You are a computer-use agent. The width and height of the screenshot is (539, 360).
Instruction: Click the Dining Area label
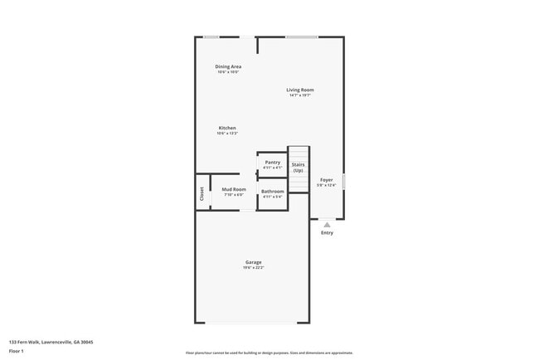click(x=228, y=66)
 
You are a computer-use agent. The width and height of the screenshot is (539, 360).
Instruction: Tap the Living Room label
click(x=300, y=90)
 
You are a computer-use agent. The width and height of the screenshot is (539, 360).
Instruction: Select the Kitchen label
click(x=227, y=128)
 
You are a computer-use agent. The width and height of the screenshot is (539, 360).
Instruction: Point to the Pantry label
click(x=272, y=162)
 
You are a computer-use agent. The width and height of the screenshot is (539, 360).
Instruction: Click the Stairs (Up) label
click(x=298, y=168)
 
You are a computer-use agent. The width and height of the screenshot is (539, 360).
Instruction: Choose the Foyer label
click(x=327, y=179)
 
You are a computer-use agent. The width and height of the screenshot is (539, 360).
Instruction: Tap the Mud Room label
click(x=233, y=189)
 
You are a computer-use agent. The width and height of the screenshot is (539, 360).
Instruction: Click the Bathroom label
click(x=272, y=192)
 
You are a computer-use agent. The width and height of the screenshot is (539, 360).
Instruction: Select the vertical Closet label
click(x=202, y=193)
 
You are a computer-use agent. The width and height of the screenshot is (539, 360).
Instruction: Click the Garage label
click(x=253, y=262)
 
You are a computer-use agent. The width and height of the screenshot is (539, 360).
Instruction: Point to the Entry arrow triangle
click(x=327, y=224)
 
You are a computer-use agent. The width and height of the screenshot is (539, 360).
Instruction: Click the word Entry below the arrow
click(x=327, y=233)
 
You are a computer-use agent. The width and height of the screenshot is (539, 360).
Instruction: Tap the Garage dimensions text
click(x=253, y=268)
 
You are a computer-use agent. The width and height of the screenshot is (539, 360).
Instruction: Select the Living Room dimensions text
click(x=300, y=95)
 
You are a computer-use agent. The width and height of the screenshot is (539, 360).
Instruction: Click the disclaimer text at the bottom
click(x=269, y=353)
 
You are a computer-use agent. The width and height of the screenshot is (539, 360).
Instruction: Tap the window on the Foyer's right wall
click(x=344, y=181)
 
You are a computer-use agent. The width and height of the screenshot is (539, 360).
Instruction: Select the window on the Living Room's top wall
click(x=302, y=36)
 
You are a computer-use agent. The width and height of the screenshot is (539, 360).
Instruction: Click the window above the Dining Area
click(x=212, y=36)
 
